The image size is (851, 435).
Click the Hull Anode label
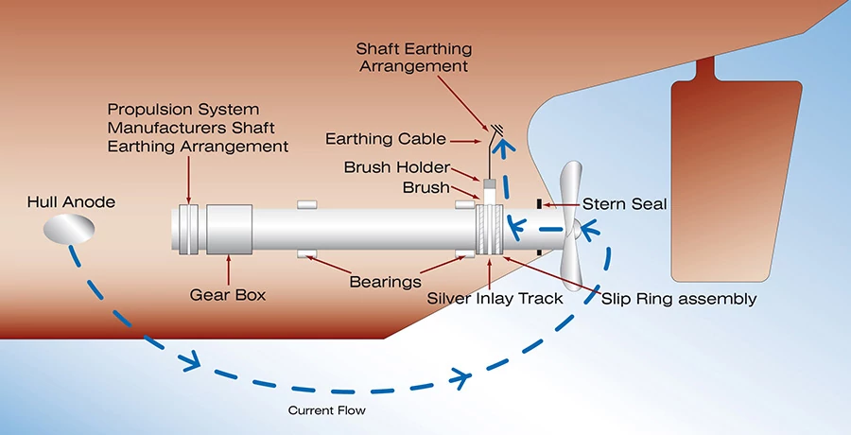[x=72, y=201]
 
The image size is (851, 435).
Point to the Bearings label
[x=384, y=281]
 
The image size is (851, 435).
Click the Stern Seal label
[x=624, y=203]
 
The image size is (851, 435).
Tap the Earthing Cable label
[x=385, y=139]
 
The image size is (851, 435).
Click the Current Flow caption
[x=327, y=410]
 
